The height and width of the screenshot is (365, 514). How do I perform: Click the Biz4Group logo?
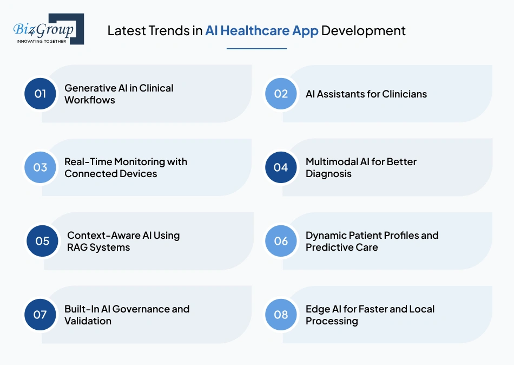48,29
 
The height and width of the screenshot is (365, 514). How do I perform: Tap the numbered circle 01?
40,94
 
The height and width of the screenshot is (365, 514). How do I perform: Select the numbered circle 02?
281,94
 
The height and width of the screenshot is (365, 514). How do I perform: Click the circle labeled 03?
40,167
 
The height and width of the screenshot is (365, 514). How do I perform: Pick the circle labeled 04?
281,167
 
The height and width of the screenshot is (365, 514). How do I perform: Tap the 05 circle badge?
42,241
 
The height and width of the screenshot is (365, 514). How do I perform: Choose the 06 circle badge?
281,241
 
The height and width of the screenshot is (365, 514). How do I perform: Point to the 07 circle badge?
40,315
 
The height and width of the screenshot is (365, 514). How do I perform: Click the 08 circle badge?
281,315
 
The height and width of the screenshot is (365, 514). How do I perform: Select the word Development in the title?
363,30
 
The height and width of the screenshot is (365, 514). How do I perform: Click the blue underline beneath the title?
256,49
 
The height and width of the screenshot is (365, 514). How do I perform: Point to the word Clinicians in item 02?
400,94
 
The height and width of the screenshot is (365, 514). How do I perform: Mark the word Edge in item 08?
317,309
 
